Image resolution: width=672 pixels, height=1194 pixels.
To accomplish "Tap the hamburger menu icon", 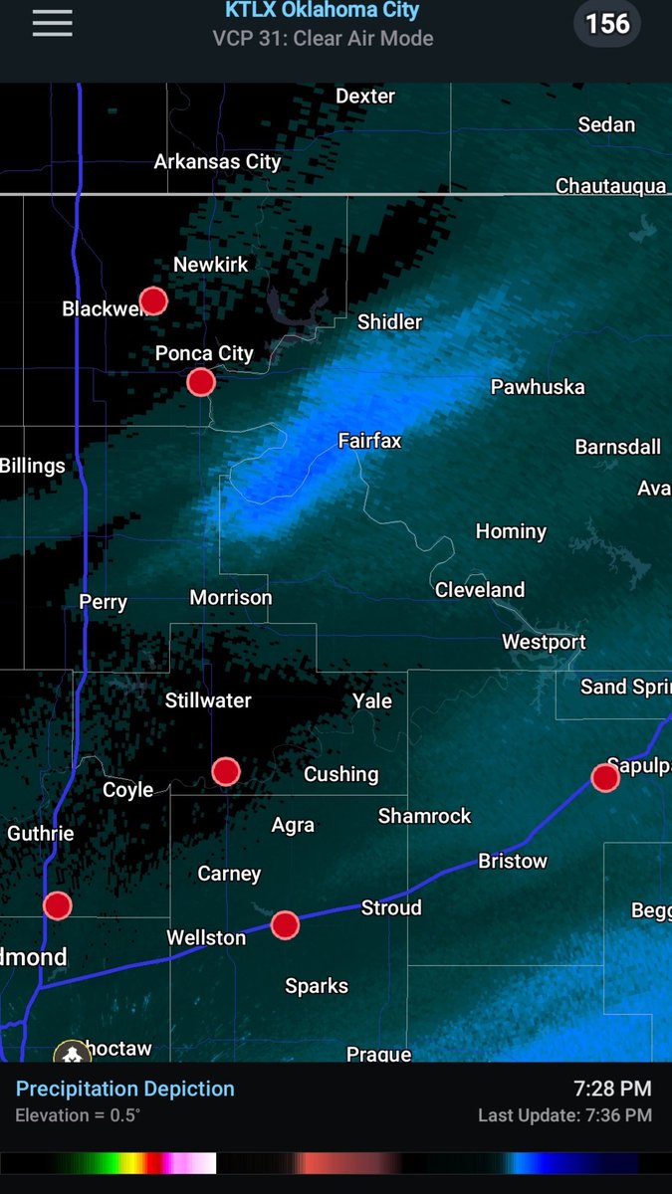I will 52,24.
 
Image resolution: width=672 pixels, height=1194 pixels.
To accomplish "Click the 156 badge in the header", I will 607,23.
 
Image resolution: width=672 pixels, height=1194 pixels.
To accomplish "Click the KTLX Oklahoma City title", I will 322,11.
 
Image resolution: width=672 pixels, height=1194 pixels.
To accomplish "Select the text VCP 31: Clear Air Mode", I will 322,39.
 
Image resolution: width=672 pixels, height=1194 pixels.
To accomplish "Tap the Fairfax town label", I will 369,440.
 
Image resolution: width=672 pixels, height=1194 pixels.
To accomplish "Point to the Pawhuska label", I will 538,387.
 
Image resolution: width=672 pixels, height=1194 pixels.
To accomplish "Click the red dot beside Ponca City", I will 201,381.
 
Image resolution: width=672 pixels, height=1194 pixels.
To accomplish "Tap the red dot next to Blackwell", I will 153,300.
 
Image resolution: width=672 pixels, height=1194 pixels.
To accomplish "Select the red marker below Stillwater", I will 226,770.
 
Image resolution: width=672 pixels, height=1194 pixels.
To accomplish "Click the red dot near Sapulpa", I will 605,777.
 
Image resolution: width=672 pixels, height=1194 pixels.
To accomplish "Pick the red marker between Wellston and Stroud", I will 286,924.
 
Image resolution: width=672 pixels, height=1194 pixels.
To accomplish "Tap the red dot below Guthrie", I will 58,905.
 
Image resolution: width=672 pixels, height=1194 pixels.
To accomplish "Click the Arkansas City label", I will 217,161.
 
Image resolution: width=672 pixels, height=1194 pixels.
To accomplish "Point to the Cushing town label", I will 340,774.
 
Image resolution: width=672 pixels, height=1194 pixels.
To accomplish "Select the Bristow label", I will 513,861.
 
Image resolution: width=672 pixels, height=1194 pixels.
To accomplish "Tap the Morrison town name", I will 231,598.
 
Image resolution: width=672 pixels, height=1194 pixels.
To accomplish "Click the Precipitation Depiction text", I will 125,1089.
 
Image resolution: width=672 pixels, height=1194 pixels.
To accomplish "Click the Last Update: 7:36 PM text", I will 564,1115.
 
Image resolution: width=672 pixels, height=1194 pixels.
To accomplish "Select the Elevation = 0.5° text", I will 78,1115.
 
